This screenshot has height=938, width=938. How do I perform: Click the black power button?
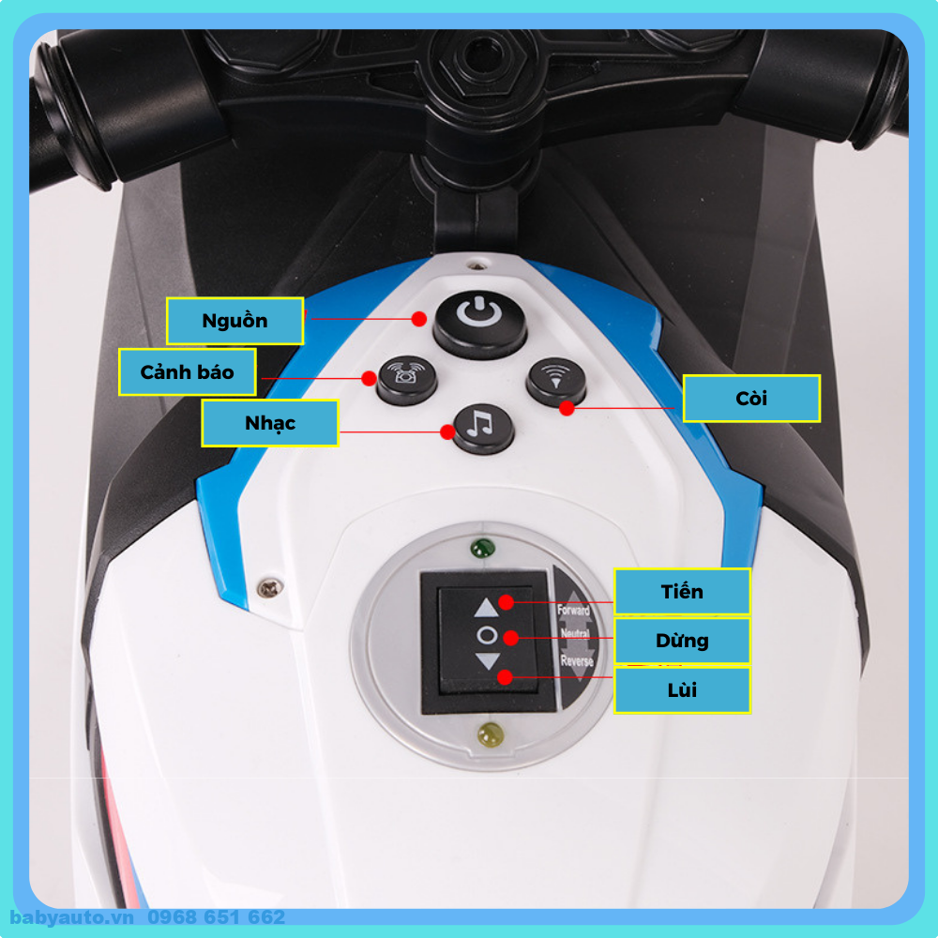(479, 324)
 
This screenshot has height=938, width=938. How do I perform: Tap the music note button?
(483, 428)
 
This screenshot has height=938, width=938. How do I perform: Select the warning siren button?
(407, 380)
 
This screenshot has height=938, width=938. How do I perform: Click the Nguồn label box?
(234, 321)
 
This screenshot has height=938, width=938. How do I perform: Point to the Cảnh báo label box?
(188, 372)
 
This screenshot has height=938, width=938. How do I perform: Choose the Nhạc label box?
(270, 423)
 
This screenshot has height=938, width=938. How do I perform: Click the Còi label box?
(751, 399)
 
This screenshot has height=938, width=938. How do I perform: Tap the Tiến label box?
(682, 592)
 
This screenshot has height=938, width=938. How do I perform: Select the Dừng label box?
(682, 641)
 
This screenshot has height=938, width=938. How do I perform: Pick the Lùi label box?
(682, 690)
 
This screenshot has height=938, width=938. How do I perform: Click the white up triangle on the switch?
(486, 608)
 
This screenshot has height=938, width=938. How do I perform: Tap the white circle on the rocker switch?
(487, 635)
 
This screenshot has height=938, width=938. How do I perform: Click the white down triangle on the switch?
(488, 661)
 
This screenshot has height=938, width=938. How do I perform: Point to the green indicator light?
(483, 548)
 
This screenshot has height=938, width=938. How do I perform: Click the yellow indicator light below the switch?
(491, 734)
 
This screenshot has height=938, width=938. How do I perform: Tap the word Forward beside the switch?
(574, 611)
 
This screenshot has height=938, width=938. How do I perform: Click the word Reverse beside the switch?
(577, 661)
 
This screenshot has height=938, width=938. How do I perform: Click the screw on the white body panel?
(270, 588)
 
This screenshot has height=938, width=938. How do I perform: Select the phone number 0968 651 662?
(217, 917)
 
